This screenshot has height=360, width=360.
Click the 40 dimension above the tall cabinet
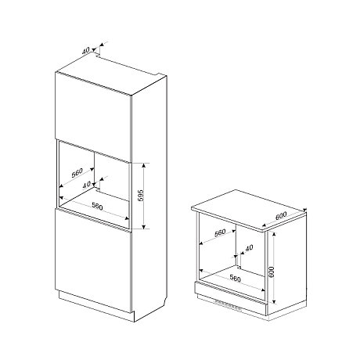[x=85, y=51]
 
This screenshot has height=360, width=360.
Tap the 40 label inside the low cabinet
[x=250, y=248]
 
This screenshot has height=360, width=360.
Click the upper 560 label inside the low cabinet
[x=220, y=232]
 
